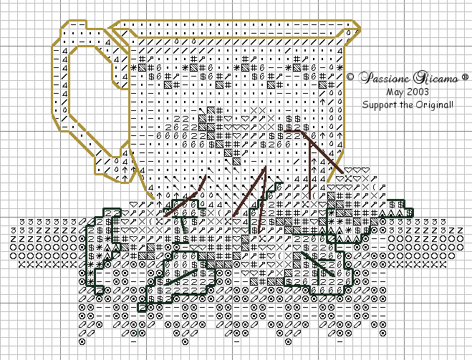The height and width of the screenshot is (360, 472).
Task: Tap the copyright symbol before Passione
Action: coord(350,77)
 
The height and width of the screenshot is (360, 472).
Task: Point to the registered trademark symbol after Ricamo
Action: coord(465,77)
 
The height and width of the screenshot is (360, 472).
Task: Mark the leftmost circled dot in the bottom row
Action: coord(82,341)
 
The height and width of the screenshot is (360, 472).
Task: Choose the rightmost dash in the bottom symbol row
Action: coord(339,341)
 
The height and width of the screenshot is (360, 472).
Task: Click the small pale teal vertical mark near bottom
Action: coord(138,333)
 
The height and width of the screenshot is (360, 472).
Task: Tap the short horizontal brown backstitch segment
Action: coord(294,131)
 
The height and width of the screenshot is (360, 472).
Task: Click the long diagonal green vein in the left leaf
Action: coord(180,277)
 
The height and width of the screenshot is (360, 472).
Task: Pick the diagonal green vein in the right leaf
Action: coord(317,264)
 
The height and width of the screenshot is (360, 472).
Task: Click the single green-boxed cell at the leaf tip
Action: coord(142,307)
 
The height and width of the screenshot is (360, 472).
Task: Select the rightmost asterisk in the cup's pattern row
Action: coord(339,67)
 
